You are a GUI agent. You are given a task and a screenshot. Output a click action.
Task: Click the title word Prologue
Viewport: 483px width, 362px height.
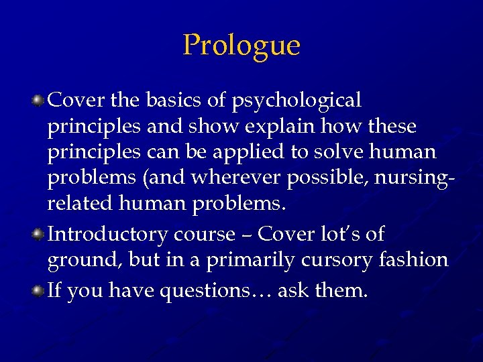point(241,46)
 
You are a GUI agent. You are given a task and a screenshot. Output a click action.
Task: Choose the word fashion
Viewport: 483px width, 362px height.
point(416,260)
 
